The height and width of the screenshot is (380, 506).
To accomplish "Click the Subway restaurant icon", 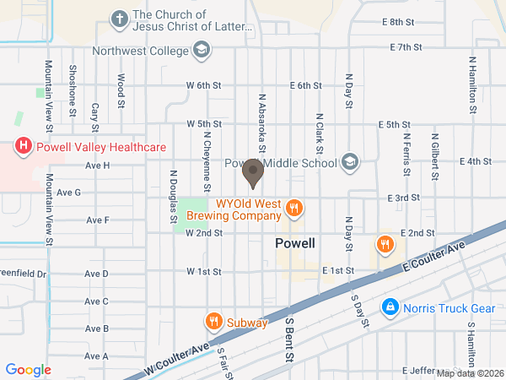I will click(x=214, y=322).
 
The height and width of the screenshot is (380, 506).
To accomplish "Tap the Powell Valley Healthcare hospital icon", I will click(x=24, y=147).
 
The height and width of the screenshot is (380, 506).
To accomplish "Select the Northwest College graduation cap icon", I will click(x=202, y=51).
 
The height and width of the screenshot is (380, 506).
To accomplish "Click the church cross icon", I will click(x=121, y=18).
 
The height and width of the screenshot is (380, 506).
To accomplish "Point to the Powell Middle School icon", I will click(x=350, y=162).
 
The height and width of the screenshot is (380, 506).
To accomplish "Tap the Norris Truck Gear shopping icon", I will click(x=389, y=307).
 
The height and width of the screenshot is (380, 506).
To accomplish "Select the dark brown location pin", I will click(x=252, y=174).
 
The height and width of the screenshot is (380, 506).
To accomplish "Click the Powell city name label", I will click(x=295, y=243).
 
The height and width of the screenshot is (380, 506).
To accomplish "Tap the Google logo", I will click(x=28, y=370).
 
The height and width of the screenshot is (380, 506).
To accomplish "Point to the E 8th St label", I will click(x=399, y=22).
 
